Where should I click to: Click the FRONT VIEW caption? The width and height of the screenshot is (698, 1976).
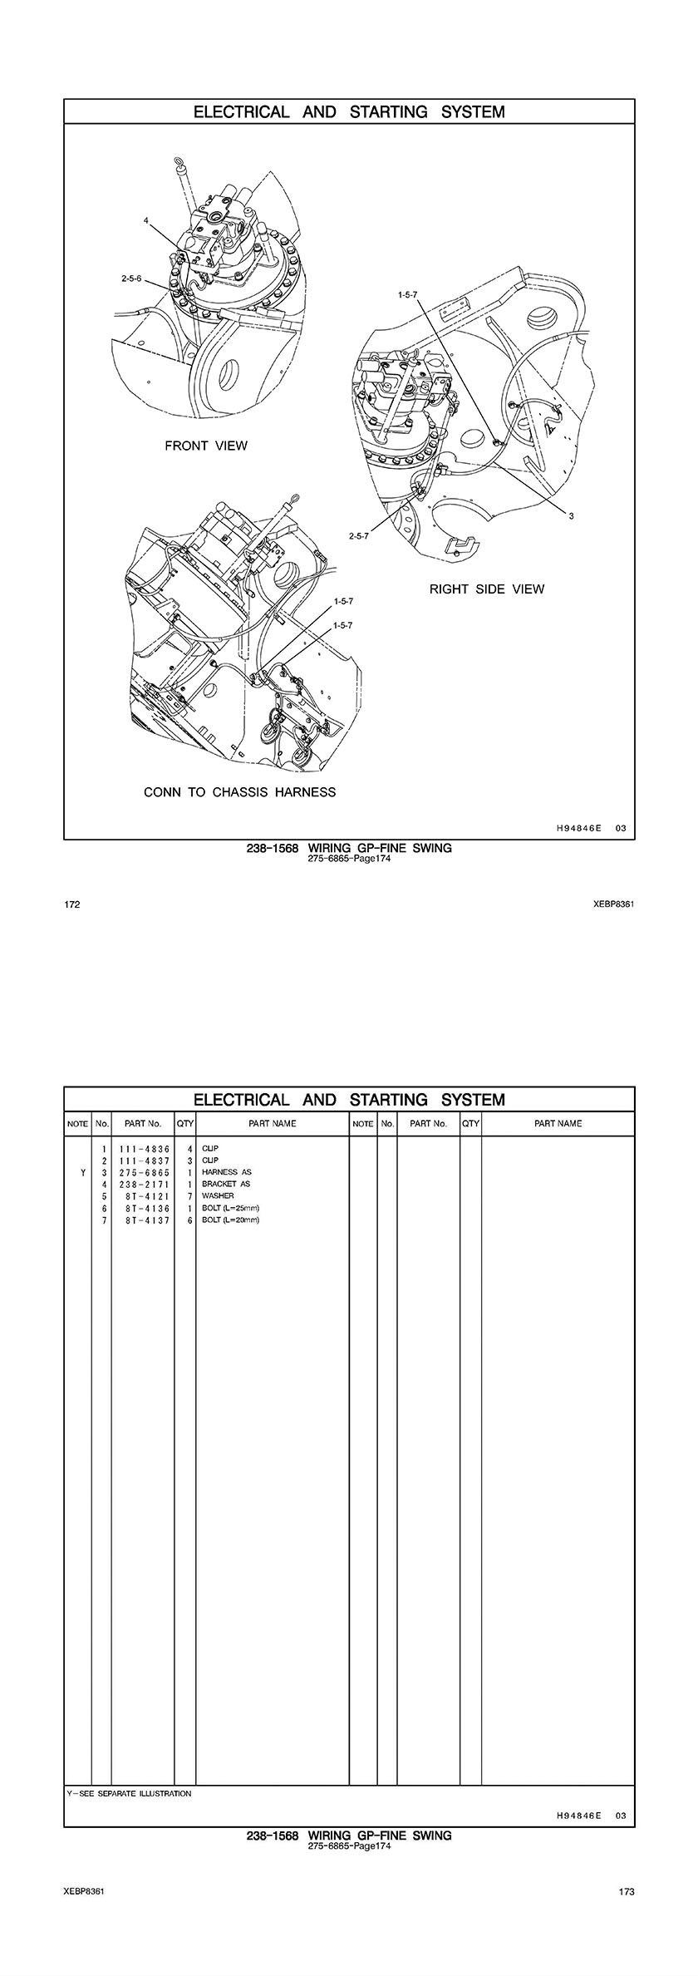(206, 446)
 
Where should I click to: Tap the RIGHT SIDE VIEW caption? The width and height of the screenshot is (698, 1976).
(487, 589)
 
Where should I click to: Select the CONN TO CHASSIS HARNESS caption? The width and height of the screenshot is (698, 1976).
(240, 792)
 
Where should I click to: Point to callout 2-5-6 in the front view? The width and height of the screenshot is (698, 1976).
(131, 279)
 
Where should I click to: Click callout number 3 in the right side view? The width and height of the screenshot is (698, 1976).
(572, 516)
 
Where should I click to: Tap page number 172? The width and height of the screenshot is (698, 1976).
(71, 905)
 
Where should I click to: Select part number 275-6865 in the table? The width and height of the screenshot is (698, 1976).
(144, 1172)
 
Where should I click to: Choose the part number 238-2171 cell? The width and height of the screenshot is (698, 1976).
(144, 1184)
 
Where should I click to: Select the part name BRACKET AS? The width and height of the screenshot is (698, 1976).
(226, 1184)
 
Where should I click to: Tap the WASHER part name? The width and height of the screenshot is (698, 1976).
(218, 1195)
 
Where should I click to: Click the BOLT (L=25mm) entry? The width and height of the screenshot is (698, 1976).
(231, 1208)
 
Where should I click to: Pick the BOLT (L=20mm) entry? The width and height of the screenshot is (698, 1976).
(231, 1220)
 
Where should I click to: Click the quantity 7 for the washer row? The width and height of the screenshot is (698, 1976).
(190, 1195)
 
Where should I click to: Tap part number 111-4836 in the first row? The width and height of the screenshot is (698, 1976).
(144, 1148)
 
